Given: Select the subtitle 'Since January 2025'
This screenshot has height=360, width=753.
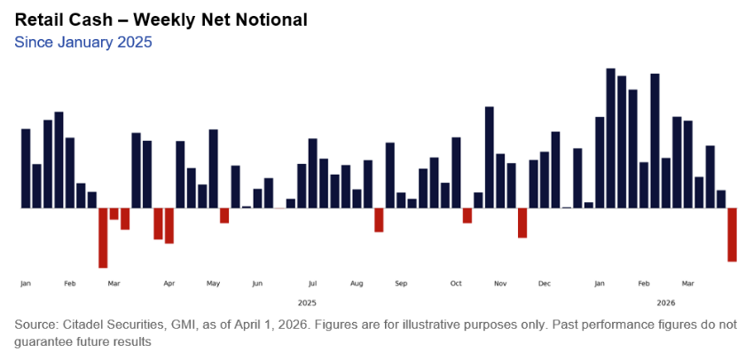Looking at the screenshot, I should coord(83,42).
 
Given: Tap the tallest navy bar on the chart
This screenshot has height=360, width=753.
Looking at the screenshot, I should coord(610,137).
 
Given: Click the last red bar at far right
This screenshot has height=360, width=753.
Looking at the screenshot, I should coord(733,234).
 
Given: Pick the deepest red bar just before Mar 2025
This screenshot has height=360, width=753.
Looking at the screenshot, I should coord(103,238).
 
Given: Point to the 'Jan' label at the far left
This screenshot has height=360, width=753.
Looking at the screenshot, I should coord(25,284).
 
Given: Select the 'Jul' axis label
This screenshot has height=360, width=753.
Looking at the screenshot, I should coord(312,284).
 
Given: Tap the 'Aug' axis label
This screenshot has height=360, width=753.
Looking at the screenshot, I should coord(357,284).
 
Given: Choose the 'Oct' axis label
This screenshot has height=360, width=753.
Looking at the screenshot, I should coord(456,284).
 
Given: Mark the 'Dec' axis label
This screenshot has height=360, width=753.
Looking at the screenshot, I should coord(544,284).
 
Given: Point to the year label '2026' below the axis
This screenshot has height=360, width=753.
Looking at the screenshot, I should coord(665,302).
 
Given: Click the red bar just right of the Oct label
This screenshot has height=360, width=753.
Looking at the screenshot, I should coord(467,215).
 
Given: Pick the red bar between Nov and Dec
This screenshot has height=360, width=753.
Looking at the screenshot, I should coord(522,223).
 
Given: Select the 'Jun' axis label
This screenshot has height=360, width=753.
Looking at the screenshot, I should coord(257,284).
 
